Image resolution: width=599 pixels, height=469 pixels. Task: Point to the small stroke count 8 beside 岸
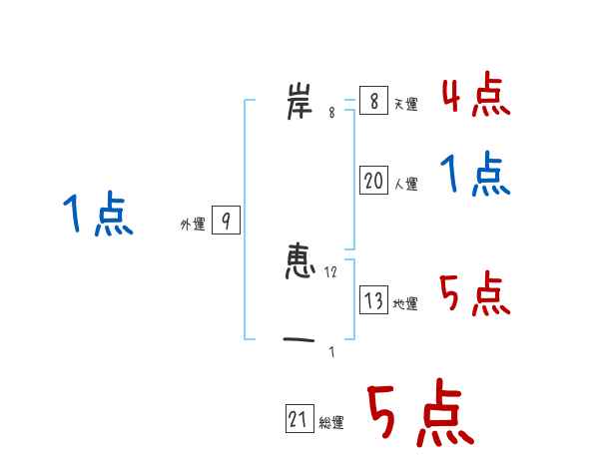point(331,113)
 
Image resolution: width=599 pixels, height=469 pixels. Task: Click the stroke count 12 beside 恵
point(331,271)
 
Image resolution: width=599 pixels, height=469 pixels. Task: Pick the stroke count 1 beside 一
point(331,351)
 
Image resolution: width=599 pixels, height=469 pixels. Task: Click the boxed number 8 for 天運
point(372,101)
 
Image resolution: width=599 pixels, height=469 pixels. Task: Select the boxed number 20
point(373,180)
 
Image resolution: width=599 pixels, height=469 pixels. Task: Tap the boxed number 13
point(373,299)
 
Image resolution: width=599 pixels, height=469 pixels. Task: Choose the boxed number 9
point(226,221)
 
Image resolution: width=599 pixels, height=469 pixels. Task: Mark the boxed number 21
point(299,420)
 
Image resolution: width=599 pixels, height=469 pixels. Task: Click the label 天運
point(405,105)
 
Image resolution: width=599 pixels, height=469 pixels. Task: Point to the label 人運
point(405,184)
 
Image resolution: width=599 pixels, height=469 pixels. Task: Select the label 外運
point(193,225)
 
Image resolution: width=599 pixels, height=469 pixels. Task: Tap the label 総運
point(331,423)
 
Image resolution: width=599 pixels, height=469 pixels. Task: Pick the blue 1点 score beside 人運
point(475,176)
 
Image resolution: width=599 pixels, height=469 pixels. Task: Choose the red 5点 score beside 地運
point(475,294)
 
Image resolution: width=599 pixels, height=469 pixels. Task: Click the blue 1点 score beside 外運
point(98,216)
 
